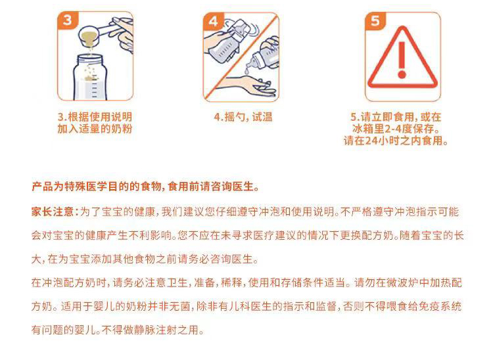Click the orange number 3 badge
coord(67,20)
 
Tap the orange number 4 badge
coord(213,21)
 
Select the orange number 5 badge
coord(375,21)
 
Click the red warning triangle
coord(402,58)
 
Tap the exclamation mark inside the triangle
coord(402,60)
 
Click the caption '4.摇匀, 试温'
coord(243,117)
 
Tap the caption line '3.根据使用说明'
coord(95,117)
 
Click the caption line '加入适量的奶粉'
coord(95,129)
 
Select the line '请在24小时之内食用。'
coord(396,141)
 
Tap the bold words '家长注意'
coord(53,212)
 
